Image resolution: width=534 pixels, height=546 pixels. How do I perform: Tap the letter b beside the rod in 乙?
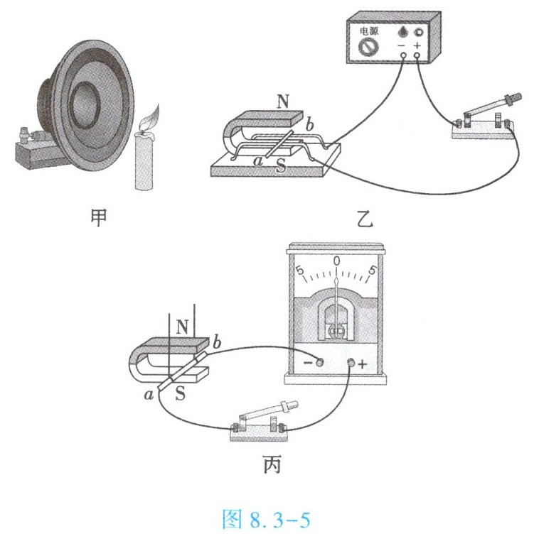pyautogui.click(x=311, y=127)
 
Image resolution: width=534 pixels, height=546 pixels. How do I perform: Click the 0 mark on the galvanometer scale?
pyautogui.click(x=336, y=262)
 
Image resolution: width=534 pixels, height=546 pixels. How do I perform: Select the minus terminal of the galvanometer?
pyautogui.click(x=319, y=364)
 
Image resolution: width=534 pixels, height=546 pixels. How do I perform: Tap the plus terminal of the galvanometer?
pyautogui.click(x=351, y=364)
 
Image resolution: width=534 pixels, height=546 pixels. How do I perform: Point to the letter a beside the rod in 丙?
pyautogui.click(x=149, y=393)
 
